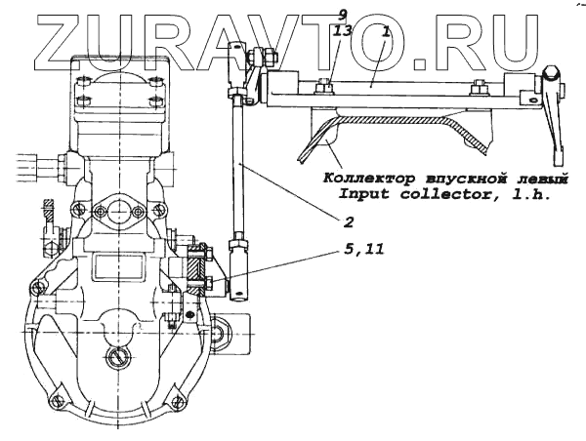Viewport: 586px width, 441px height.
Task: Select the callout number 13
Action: [343, 32]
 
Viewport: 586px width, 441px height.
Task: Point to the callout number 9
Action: [342, 15]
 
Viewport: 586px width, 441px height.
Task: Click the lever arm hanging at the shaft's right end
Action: [558, 117]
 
